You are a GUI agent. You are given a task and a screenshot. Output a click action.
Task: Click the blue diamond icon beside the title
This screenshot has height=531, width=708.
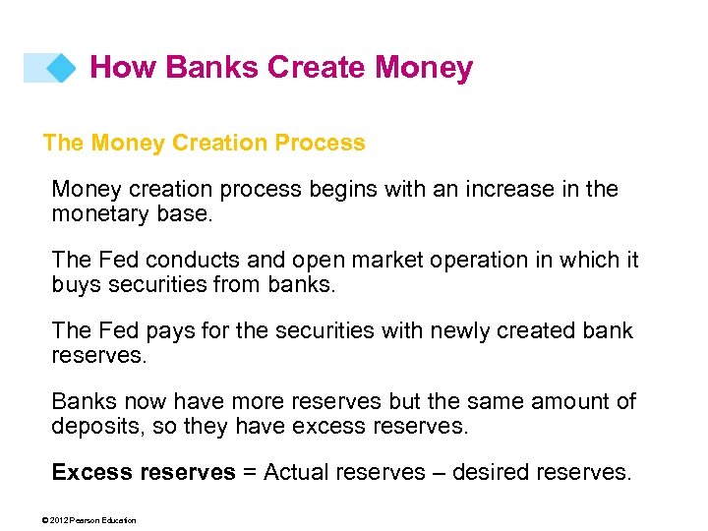(61, 68)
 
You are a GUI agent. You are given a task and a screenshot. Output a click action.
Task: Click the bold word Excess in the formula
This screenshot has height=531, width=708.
(92, 472)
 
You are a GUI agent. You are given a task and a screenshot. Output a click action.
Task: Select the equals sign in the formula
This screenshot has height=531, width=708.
(249, 473)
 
